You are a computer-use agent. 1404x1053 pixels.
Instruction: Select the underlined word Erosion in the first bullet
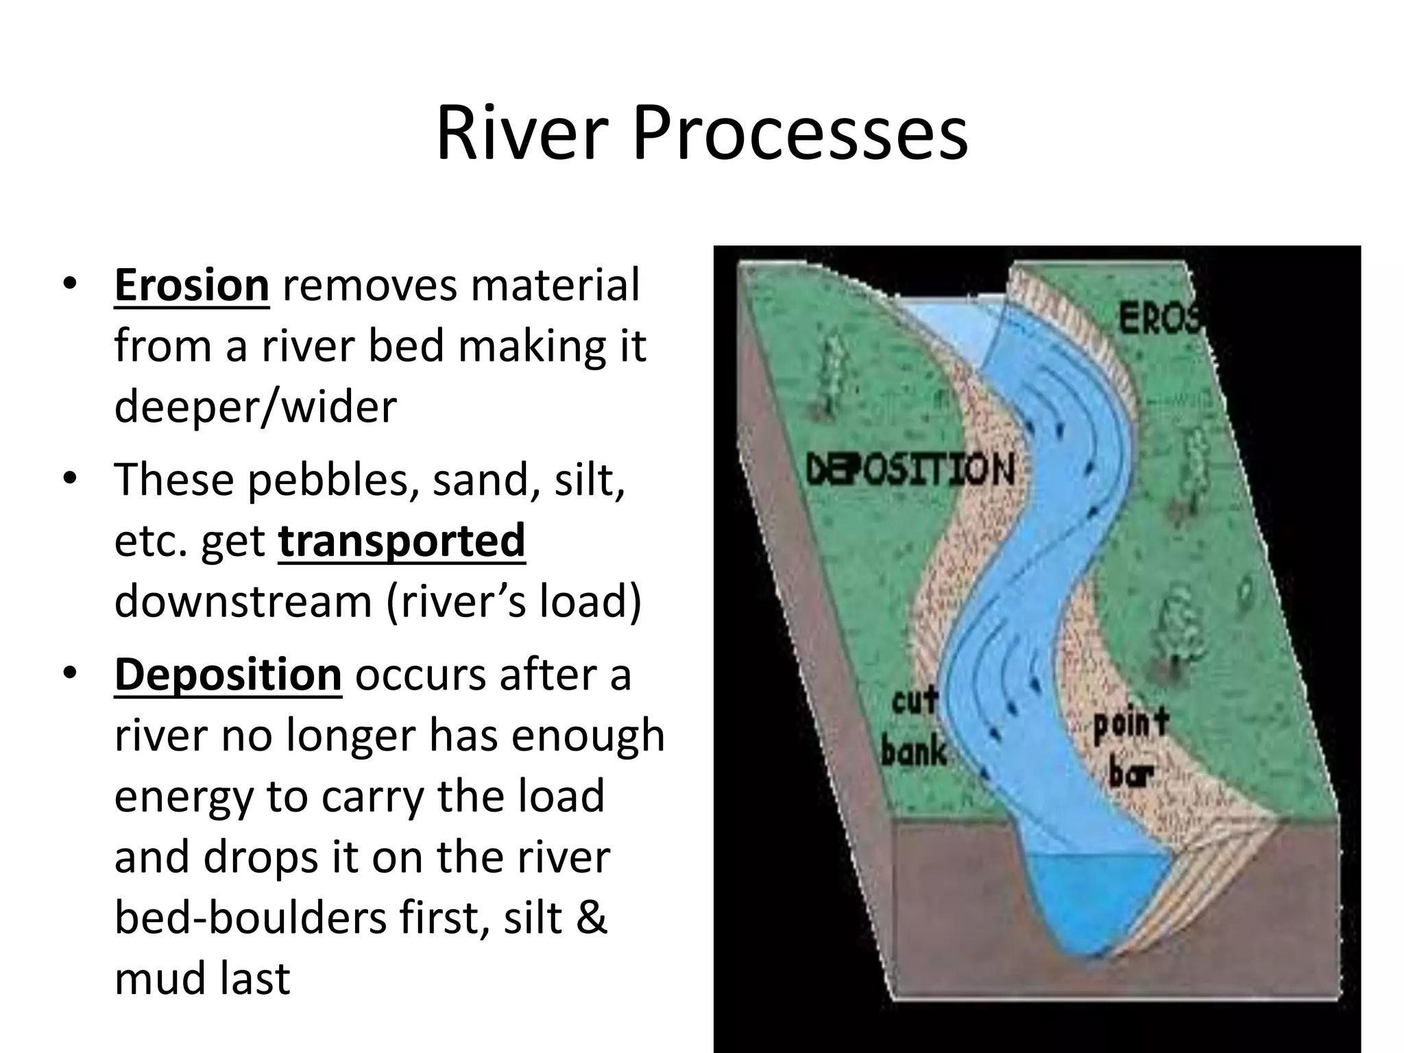point(191,285)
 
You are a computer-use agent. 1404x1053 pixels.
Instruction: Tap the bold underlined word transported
point(402,540)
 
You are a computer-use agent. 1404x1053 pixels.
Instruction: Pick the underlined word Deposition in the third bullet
point(228,675)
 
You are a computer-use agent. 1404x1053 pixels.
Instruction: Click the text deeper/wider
point(255,407)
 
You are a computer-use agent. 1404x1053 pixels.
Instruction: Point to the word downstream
point(243,601)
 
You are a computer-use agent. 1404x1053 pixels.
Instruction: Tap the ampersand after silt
point(591,917)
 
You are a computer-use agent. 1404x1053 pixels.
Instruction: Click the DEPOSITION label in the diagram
point(910,470)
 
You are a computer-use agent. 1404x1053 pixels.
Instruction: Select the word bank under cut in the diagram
point(914,751)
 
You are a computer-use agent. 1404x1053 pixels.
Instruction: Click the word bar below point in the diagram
point(1131,773)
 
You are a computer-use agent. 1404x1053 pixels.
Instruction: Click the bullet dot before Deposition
point(69,673)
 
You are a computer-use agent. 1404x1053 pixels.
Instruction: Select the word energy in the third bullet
point(182,797)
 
